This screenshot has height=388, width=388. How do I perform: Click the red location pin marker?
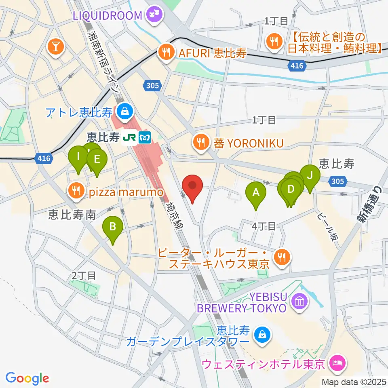pyautogui.click(x=192, y=187)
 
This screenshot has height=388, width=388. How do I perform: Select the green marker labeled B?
pyautogui.click(x=113, y=228)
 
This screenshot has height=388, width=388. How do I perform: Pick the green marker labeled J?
pyautogui.click(x=310, y=176)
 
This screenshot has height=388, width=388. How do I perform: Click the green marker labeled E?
pyautogui.click(x=97, y=160)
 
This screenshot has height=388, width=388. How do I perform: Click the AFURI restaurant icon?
pyautogui.click(x=166, y=51)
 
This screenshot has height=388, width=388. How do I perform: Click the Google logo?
pyautogui.click(x=27, y=378)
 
